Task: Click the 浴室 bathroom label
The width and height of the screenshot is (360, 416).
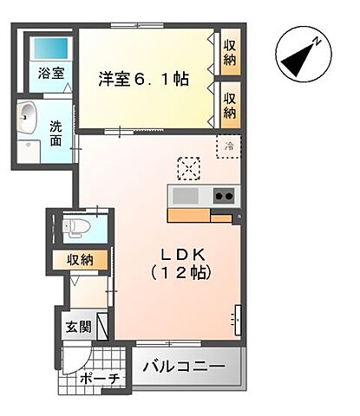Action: (50, 74)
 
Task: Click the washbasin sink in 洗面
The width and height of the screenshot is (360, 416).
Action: (28, 115)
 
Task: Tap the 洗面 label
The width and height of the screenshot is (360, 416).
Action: (56, 133)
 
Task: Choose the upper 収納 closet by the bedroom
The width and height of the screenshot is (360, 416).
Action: (229, 52)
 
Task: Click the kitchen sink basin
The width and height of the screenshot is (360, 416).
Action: (186, 195)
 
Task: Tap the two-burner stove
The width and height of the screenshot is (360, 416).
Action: (222, 195)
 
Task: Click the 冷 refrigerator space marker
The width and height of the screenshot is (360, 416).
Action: (230, 146)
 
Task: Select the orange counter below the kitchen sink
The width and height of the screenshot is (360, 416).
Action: (191, 215)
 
